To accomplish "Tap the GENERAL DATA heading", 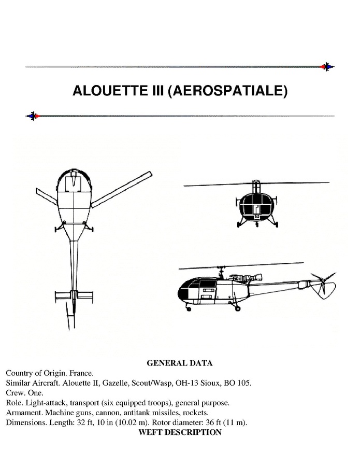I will click(179, 363).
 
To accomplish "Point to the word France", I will click(81, 373).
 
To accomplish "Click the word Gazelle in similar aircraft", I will click(124, 383).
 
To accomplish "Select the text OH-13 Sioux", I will click(199, 383).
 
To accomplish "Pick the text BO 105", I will click(238, 383).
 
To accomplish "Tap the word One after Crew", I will click(34, 393).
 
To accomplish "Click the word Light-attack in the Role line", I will click(44, 403).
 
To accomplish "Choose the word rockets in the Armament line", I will click(195, 413).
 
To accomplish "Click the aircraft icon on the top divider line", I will click(327, 67).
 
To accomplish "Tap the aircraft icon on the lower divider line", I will click(33, 116).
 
